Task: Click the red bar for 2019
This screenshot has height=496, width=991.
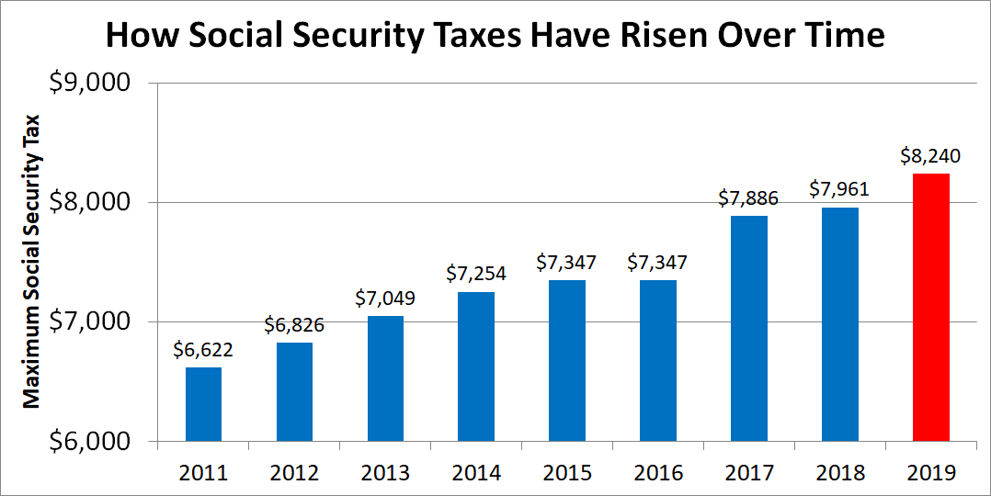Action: pos(930,308)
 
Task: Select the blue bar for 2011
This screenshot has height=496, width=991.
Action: pos(203,404)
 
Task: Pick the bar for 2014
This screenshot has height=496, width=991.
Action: pos(476,366)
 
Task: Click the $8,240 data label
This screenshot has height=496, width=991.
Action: pos(930,156)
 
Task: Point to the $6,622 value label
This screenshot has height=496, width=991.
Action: pos(203,350)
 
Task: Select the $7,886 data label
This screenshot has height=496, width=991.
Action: pos(748,198)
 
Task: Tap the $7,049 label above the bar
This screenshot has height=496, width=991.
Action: pos(385,299)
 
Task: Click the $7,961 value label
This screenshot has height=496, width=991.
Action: pos(839,190)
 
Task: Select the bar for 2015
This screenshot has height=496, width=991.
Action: pos(567,361)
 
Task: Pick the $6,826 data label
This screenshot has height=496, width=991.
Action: pos(294,325)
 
